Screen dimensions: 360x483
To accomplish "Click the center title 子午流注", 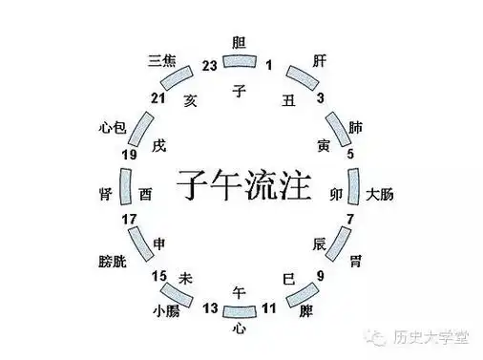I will pyautogui.click(x=244, y=181).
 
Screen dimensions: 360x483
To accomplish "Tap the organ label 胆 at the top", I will pyautogui.click(x=241, y=41).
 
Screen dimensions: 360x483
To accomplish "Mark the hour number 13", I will pyautogui.click(x=211, y=307).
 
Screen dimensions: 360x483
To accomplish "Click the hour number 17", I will pyautogui.click(x=130, y=221).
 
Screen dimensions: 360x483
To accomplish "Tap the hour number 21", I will pyautogui.click(x=160, y=98).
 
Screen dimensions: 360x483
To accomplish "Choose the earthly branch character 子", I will pyautogui.click(x=241, y=91).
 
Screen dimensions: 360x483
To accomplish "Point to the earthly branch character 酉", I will pyautogui.click(x=145, y=194).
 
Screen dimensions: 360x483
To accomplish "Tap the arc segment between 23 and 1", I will pyautogui.click(x=241, y=62).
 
